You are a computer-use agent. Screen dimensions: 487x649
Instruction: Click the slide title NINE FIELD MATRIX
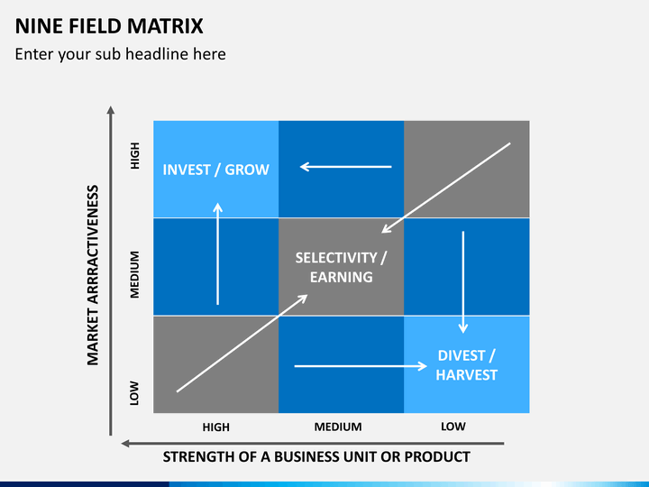(x=109, y=25)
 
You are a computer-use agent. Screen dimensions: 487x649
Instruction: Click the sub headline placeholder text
(x=120, y=54)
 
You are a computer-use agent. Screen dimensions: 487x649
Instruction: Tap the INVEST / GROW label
(x=215, y=170)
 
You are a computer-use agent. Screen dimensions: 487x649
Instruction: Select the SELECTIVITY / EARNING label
(x=341, y=267)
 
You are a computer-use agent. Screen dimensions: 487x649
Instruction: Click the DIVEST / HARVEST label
(x=466, y=364)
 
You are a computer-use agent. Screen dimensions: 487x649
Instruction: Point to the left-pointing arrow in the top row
(x=346, y=166)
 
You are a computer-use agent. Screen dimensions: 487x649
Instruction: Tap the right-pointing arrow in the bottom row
(x=361, y=366)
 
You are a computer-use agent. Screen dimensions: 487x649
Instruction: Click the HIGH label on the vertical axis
(x=135, y=159)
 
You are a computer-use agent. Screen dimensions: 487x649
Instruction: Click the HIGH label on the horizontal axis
(x=215, y=427)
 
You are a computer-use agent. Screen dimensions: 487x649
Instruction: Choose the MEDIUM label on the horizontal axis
(x=338, y=427)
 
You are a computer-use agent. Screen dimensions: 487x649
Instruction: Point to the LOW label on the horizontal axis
(x=453, y=427)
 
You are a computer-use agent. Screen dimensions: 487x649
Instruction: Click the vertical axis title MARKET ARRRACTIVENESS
(x=92, y=275)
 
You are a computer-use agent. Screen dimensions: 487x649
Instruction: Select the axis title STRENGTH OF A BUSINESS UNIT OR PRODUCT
(x=315, y=456)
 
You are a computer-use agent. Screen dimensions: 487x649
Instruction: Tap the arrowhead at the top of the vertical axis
(x=111, y=111)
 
